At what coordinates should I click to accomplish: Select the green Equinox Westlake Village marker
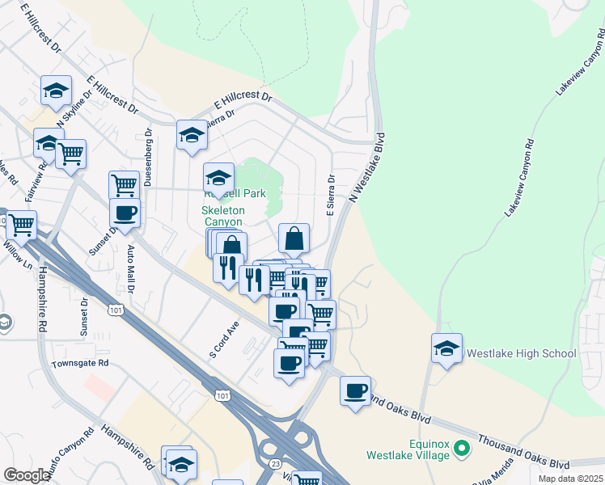(462, 447)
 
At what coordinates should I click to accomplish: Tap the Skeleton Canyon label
(222, 216)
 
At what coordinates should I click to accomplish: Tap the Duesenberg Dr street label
(149, 151)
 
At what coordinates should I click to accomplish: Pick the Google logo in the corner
(26, 475)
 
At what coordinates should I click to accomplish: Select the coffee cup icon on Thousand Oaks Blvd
(355, 391)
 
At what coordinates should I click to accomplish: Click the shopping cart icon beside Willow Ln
(21, 225)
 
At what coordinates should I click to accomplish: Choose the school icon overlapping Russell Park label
(218, 177)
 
